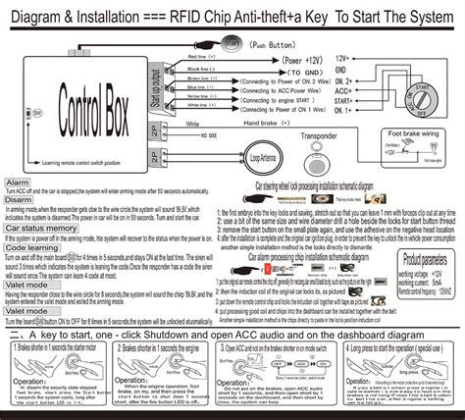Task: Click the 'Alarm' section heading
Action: coord(17,184)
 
